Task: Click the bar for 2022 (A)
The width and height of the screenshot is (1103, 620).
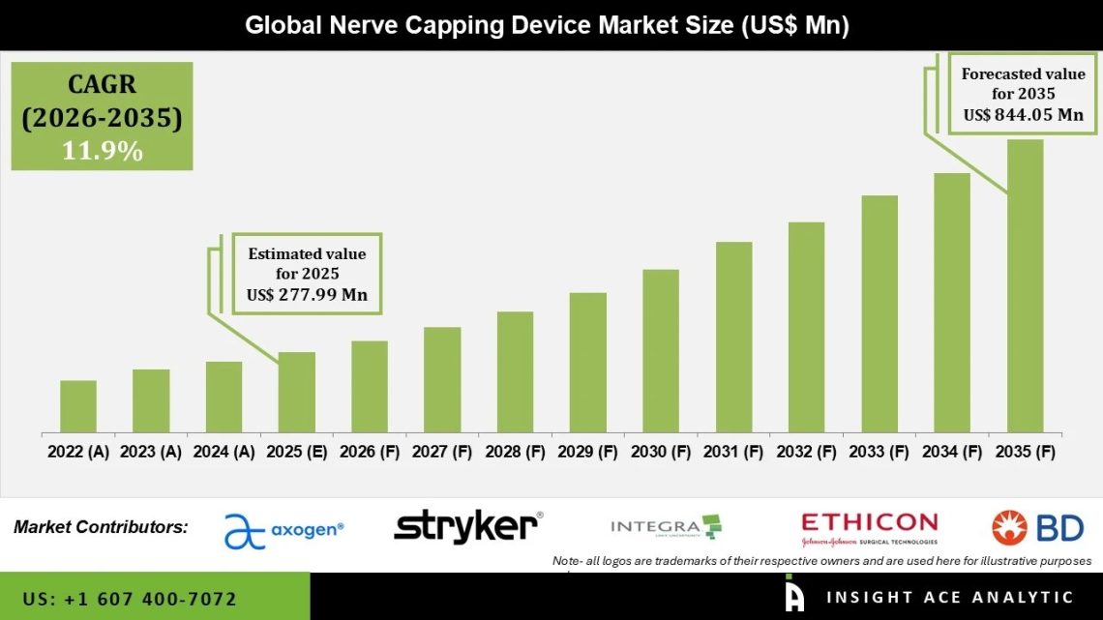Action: [78, 406]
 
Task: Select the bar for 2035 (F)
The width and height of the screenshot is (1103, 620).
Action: [1025, 286]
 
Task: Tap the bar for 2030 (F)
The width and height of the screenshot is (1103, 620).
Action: [661, 350]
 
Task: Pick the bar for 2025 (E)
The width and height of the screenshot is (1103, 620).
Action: [297, 392]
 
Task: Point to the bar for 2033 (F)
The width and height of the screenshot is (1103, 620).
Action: [879, 313]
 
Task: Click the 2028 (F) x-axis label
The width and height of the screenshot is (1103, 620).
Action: [516, 452]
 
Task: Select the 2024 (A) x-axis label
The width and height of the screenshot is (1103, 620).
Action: [224, 452]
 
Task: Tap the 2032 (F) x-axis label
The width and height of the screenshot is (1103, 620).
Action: [806, 452]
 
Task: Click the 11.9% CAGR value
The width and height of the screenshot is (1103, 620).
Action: [102, 151]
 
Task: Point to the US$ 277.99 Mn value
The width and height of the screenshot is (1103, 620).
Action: [308, 295]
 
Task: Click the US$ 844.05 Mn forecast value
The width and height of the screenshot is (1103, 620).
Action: [1023, 115]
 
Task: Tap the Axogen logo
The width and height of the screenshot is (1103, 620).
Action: [283, 529]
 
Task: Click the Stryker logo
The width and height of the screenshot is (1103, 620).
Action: [468, 526]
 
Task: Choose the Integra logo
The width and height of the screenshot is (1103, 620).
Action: [667, 527]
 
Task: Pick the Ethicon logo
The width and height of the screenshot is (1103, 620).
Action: [869, 528]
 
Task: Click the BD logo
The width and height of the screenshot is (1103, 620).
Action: [1037, 527]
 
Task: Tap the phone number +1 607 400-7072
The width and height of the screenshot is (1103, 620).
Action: [130, 599]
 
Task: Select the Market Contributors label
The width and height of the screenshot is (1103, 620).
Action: [101, 527]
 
